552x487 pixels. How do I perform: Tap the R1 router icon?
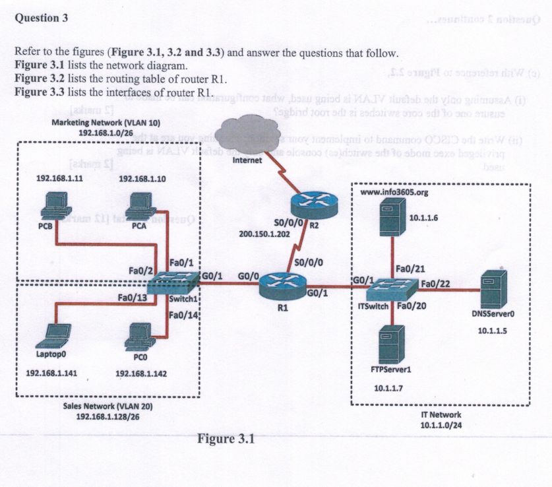click(282, 286)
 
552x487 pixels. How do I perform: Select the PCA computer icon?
click(141, 205)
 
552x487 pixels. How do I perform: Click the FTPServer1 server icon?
click(392, 341)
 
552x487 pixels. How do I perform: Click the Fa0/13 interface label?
click(133, 298)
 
